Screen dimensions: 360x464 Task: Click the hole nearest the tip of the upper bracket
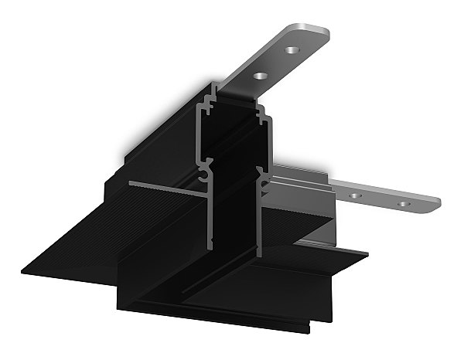pyautogui.click(x=292, y=49)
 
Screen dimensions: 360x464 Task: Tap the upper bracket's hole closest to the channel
pyautogui.click(x=260, y=76)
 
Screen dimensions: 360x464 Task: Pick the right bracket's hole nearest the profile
pyautogui.click(x=355, y=195)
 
